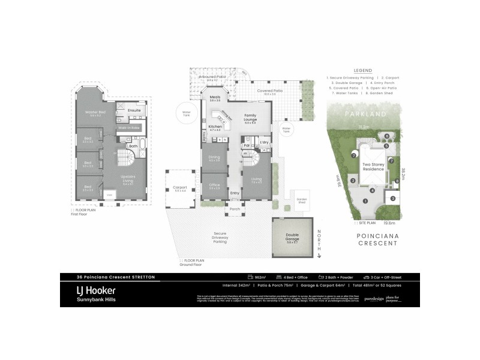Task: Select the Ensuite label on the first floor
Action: click(x=134, y=110)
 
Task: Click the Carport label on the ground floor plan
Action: click(x=181, y=188)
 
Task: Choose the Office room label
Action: click(x=215, y=187)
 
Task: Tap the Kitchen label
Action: click(x=215, y=128)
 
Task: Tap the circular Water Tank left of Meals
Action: click(x=186, y=112)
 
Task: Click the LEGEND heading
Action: click(x=363, y=70)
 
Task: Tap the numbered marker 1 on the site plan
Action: click(x=365, y=200)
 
